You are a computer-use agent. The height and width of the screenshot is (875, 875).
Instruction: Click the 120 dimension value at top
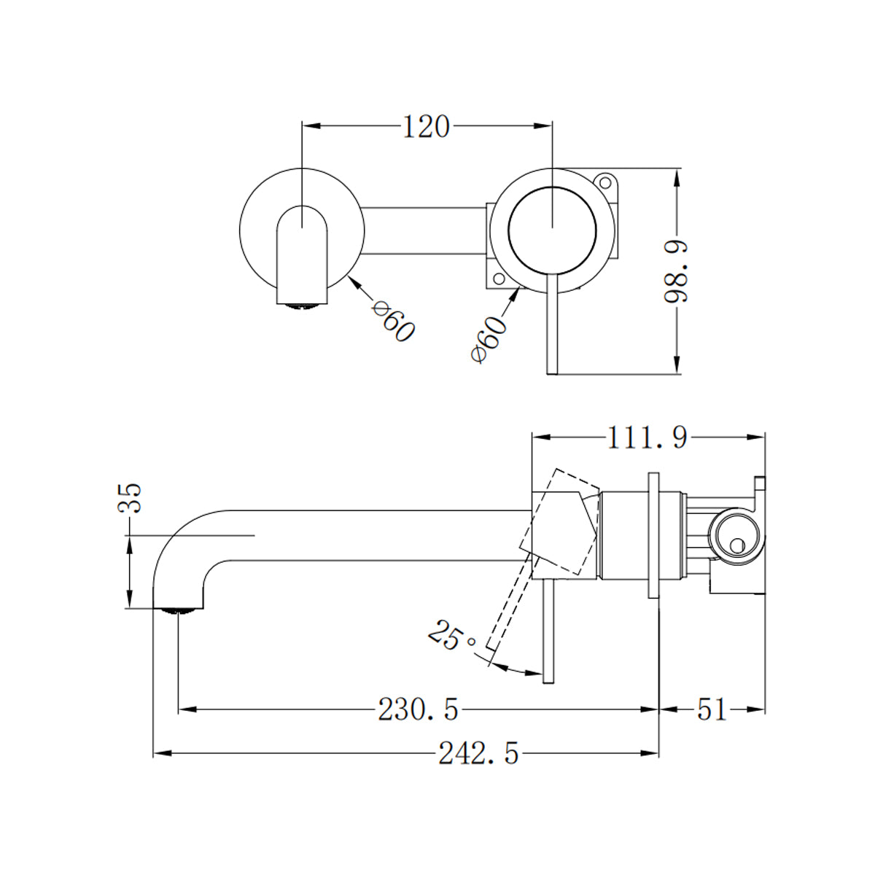pyautogui.click(x=426, y=127)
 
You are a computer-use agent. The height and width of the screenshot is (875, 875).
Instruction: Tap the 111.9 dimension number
pyautogui.click(x=647, y=437)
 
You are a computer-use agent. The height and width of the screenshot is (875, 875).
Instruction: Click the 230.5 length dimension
pyautogui.click(x=418, y=709)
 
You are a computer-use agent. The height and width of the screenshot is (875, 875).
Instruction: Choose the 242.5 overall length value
pyautogui.click(x=478, y=753)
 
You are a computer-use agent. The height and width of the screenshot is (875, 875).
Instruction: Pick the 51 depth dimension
pyautogui.click(x=712, y=709)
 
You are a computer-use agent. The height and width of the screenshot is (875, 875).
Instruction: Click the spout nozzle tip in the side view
pyautogui.click(x=178, y=610)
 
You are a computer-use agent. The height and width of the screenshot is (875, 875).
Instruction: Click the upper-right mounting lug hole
pyautogui.click(x=604, y=180)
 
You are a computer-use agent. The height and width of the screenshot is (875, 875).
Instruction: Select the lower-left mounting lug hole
pyautogui.click(x=499, y=279)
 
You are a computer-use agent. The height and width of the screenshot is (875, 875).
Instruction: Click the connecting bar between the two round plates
pyautogui.click(x=423, y=231)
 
